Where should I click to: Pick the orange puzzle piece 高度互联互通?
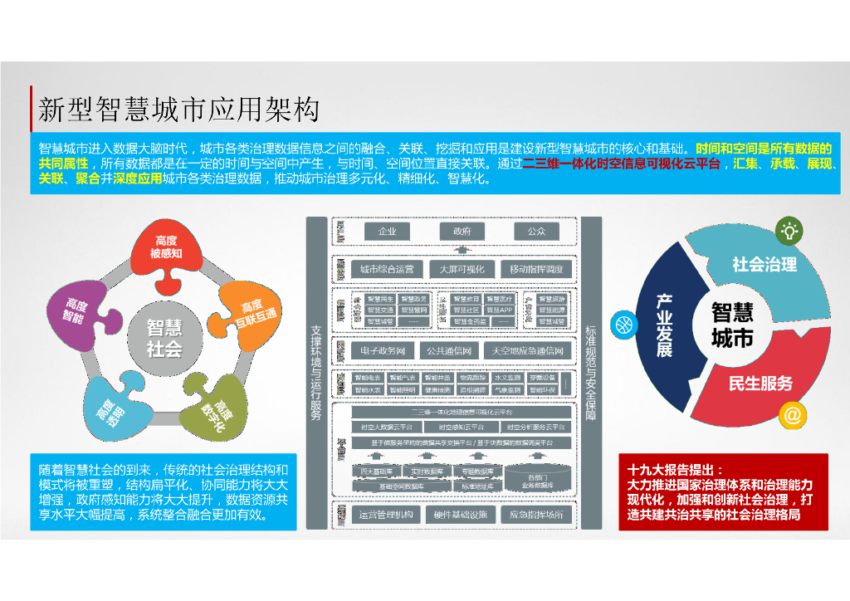(x=249, y=314)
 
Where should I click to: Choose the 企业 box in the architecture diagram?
(x=387, y=232)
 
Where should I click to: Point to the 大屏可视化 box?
(x=461, y=270)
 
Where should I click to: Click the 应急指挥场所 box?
(x=536, y=515)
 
